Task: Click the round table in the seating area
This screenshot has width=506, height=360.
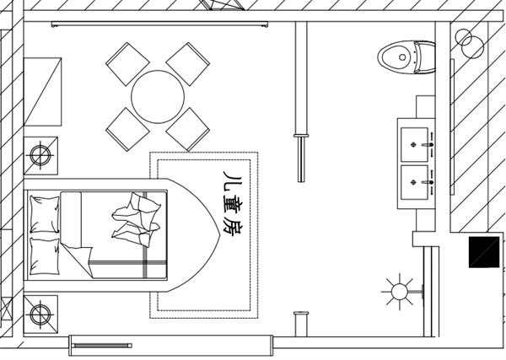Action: [x=158, y=97]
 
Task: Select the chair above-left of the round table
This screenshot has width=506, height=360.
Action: [x=128, y=64]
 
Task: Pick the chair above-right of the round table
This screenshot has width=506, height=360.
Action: [x=188, y=64]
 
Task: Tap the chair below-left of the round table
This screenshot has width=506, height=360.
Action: [x=128, y=129]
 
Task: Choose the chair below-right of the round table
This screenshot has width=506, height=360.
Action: [x=188, y=129]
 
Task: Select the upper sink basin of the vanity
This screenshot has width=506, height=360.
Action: [x=414, y=144]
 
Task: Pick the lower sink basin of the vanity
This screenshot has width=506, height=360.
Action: [x=414, y=183]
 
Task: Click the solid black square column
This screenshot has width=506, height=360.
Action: [x=484, y=252]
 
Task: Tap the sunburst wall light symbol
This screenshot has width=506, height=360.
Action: [x=400, y=292]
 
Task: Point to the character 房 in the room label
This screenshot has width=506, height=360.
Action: [x=233, y=228]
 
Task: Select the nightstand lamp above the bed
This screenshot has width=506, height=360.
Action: [x=40, y=155]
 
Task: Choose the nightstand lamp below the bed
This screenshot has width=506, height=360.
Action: [x=40, y=314]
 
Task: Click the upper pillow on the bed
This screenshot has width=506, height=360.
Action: [x=45, y=214]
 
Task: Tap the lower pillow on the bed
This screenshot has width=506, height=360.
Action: [x=45, y=257]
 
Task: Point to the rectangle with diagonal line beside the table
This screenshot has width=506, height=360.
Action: [x=43, y=92]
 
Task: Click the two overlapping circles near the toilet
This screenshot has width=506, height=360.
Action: [x=469, y=43]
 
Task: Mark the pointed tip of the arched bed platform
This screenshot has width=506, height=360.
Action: [x=220, y=235]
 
